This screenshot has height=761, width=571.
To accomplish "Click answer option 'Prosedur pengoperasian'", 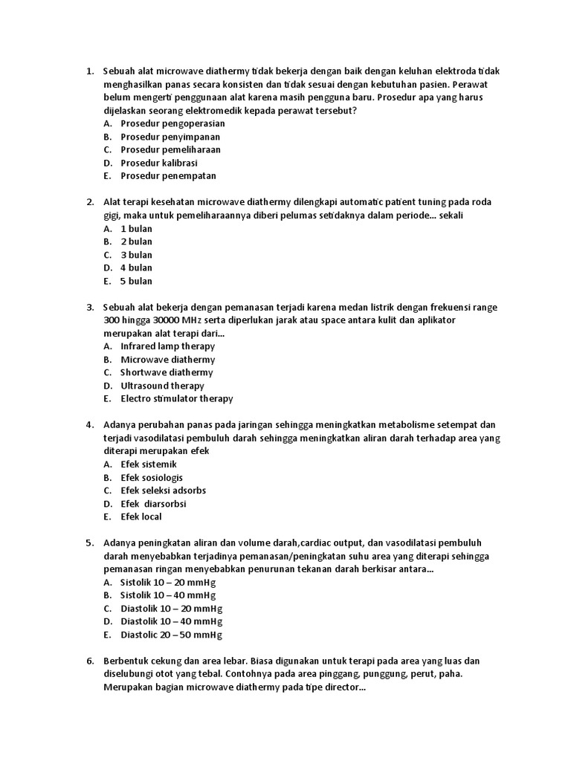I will click(172, 123).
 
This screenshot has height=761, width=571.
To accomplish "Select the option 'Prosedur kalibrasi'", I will click(159, 163).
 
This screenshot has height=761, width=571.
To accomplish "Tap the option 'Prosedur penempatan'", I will click(168, 176).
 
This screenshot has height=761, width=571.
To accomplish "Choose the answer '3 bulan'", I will click(136, 255).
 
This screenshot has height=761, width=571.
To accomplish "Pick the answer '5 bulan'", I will click(136, 281).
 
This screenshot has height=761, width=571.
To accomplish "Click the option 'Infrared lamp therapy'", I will click(167, 346).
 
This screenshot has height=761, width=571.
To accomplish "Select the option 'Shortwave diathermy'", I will click(167, 372).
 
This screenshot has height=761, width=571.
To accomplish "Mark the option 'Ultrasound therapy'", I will click(162, 386).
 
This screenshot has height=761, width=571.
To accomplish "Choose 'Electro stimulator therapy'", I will click(177, 398).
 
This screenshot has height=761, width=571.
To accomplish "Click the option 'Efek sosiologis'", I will click(152, 477).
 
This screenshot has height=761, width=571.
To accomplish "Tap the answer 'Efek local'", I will click(141, 516).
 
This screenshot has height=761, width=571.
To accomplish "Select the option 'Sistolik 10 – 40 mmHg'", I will click(167, 595).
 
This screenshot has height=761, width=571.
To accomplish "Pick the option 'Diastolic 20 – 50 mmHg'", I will click(171, 635).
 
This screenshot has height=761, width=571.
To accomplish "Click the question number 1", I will click(89, 71).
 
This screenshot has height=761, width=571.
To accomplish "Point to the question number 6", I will click(89, 661).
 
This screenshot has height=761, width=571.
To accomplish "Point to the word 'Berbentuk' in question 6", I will click(126, 661).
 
